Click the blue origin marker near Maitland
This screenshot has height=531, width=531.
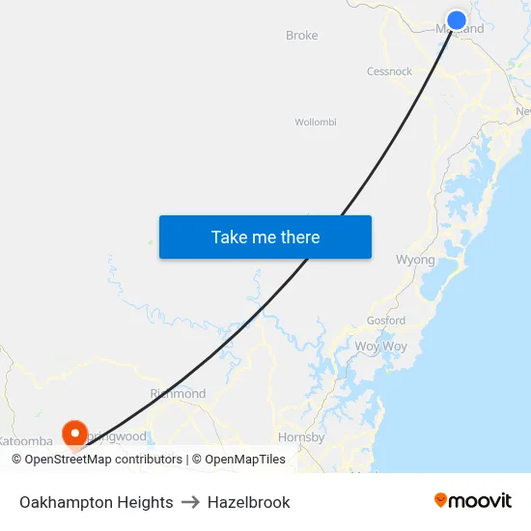click(x=457, y=20)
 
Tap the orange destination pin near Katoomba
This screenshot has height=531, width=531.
click(x=74, y=432)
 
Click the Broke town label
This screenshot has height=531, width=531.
click(x=301, y=36)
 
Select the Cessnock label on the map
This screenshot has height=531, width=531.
click(x=389, y=71)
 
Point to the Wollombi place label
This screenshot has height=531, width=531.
click(x=315, y=123)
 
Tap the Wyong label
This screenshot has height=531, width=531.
click(x=415, y=260)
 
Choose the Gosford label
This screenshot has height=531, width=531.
click(x=386, y=321)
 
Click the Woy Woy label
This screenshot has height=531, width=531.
click(x=380, y=346)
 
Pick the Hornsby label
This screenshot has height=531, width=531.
click(x=294, y=437)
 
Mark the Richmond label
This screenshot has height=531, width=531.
click(x=178, y=394)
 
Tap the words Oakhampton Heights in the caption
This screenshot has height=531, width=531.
click(x=97, y=502)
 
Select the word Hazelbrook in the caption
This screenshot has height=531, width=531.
click(x=248, y=502)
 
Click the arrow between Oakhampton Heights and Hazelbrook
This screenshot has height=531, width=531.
click(x=190, y=502)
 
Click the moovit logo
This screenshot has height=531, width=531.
click(x=472, y=501)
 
